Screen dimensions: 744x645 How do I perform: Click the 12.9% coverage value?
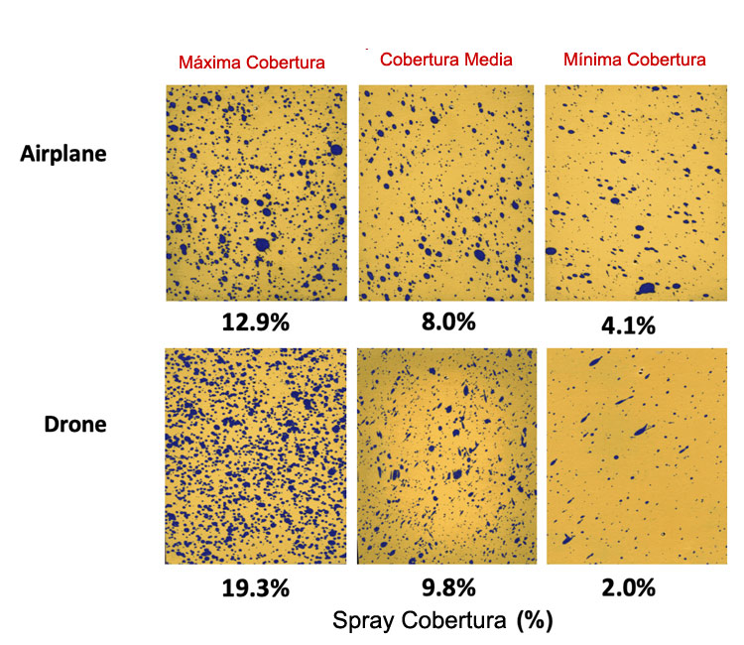255,322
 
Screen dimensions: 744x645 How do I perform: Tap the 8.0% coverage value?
448,322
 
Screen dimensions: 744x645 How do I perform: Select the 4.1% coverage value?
628,325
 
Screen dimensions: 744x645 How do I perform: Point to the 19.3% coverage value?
255,588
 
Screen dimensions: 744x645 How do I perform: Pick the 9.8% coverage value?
448,587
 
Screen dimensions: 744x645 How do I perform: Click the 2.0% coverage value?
628,587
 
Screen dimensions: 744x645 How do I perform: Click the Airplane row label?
63,154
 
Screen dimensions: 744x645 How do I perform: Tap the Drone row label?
75,425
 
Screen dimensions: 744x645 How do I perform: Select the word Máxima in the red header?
210,63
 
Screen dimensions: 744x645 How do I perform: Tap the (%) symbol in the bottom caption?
535,620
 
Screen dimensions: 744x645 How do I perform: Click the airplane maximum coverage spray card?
256,193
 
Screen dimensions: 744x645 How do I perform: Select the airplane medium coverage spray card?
446,193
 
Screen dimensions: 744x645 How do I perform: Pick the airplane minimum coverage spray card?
636,193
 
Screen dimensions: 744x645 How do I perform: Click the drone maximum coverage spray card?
256,456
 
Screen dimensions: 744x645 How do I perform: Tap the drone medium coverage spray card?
447,456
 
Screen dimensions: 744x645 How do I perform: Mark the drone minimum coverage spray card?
637,456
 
